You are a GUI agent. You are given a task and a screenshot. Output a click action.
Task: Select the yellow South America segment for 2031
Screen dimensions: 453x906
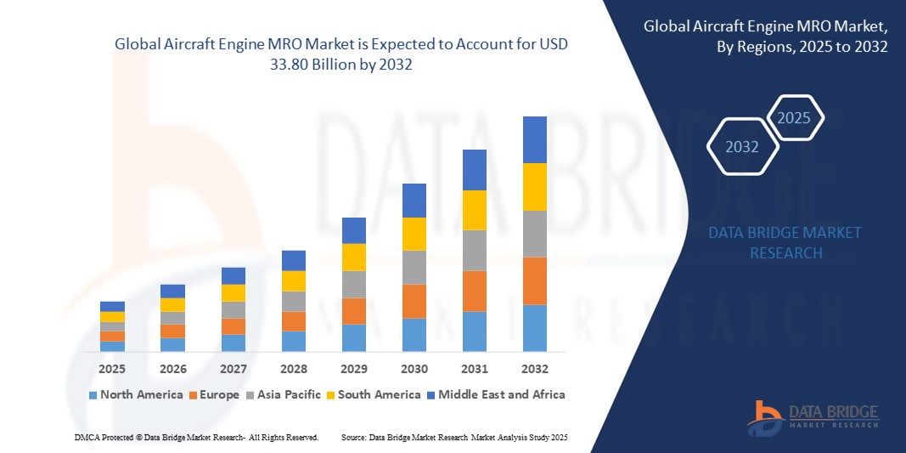474,210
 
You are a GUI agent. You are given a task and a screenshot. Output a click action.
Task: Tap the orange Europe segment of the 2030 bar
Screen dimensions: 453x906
414,301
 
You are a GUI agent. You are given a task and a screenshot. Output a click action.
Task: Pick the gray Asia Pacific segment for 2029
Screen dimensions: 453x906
353,284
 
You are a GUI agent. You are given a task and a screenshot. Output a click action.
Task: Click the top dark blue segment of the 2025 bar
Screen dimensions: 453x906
112,306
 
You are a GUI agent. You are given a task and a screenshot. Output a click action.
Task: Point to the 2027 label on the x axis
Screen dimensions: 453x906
233,370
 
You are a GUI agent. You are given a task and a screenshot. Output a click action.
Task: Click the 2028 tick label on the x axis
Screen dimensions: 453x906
293,370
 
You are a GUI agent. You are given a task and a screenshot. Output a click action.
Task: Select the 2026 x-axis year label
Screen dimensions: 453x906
172,370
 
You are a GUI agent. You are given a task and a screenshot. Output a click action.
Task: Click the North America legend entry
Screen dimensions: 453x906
135,394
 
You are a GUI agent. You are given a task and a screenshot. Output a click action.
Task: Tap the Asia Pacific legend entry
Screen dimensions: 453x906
284,394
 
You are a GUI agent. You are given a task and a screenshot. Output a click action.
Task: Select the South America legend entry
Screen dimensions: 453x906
374,394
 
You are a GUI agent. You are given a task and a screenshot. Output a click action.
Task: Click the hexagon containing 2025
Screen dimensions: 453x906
795,118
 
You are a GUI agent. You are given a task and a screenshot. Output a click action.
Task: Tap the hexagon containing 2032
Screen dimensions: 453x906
742,147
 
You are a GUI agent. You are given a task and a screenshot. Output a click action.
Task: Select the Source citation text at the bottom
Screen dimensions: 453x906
453,437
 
